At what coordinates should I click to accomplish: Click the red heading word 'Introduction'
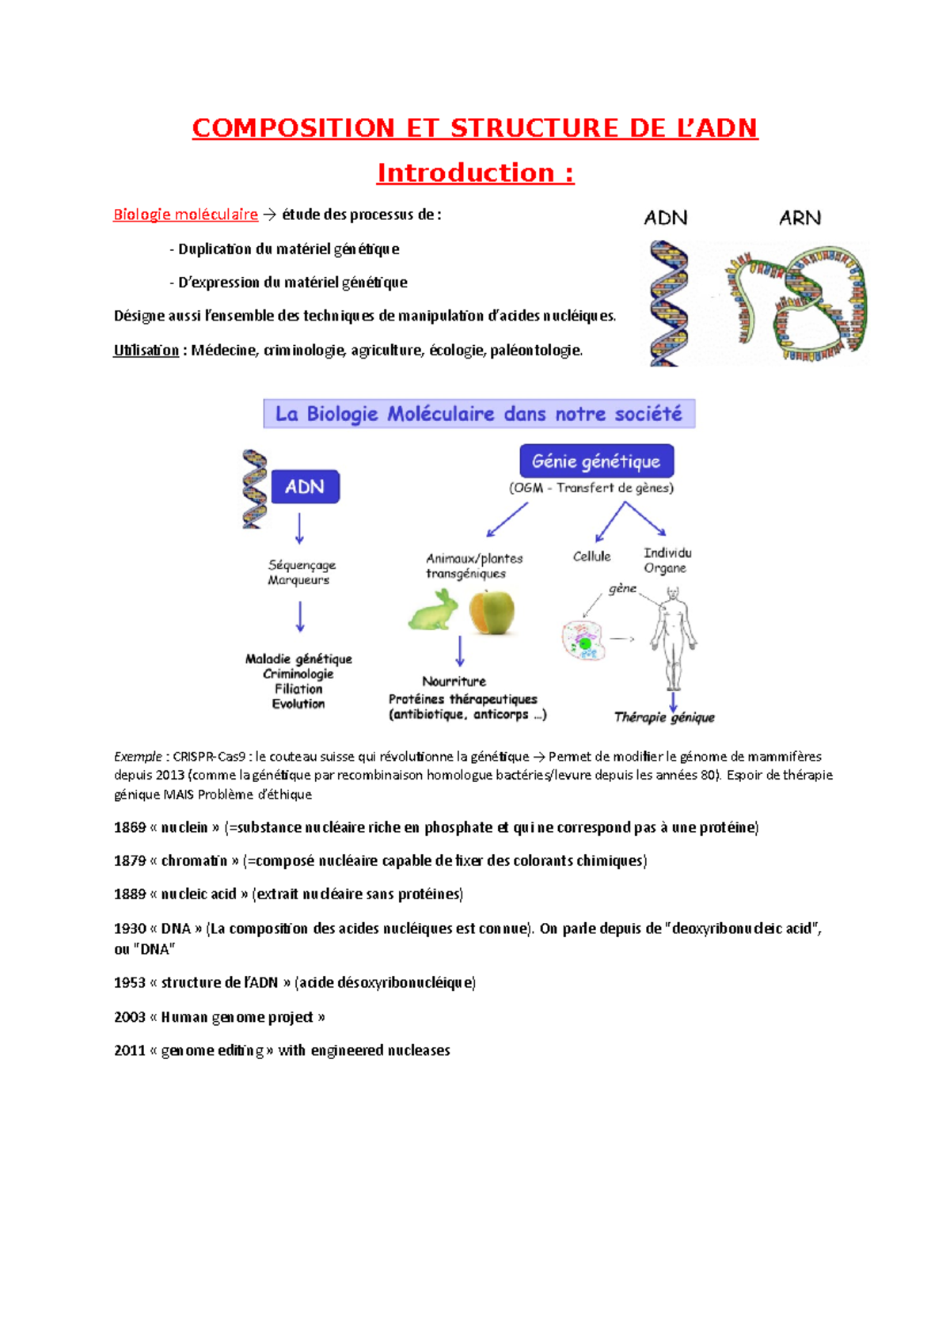[465, 173]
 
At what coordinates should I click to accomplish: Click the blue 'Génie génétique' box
[596, 461]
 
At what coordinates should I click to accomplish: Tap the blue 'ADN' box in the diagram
[305, 487]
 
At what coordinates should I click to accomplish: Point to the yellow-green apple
[492, 613]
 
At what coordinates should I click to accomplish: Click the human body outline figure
[674, 637]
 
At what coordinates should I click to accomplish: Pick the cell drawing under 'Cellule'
[583, 640]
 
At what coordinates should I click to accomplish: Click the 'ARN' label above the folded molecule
[800, 218]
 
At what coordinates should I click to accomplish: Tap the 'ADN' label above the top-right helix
[665, 218]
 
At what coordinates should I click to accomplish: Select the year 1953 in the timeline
[129, 982]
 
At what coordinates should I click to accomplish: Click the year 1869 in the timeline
[129, 827]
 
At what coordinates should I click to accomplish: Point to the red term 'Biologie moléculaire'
[185, 215]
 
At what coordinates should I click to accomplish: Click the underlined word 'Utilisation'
[146, 350]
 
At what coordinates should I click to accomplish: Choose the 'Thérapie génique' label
[664, 717]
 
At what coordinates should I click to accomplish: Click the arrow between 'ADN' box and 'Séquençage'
[299, 528]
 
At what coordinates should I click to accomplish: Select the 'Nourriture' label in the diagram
[454, 681]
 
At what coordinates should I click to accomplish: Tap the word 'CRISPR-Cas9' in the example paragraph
[209, 756]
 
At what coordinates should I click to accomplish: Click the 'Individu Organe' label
[667, 560]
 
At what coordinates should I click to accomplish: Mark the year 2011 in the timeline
[129, 1050]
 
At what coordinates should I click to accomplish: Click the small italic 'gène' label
[622, 588]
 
